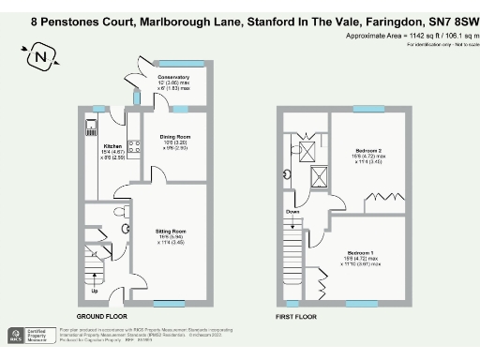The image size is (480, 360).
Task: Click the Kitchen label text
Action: (x=112, y=146)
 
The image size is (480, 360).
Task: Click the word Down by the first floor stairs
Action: (x=293, y=212)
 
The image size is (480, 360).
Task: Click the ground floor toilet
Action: (x=127, y=225)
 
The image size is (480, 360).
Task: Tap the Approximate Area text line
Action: (x=409, y=36)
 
